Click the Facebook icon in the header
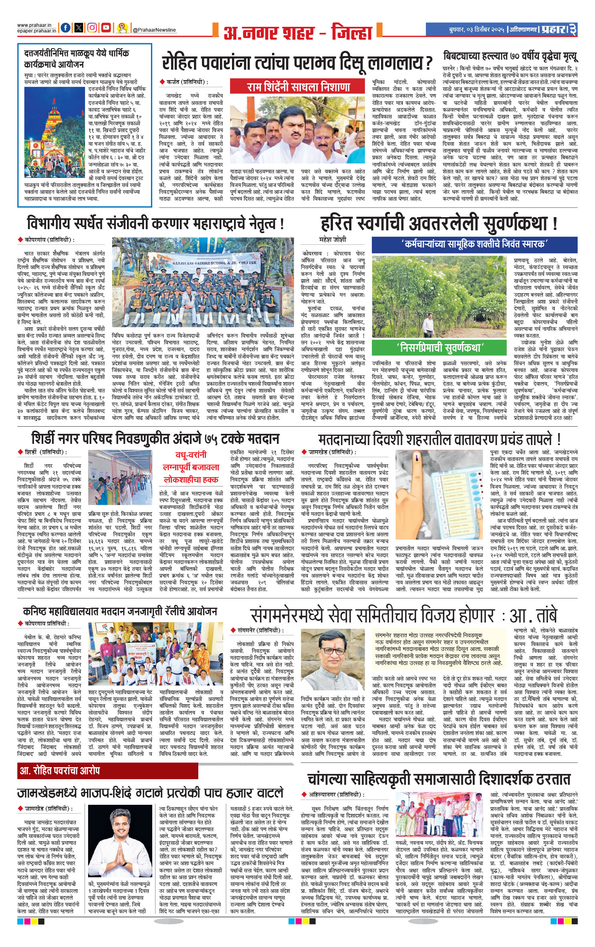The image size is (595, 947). [x=65, y=28]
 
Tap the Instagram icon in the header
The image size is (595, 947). [x=92, y=28]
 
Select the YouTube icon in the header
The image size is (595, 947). [x=106, y=28]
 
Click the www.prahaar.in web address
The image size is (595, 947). [x=36, y=25]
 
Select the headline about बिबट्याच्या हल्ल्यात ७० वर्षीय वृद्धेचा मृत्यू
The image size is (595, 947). [x=510, y=56]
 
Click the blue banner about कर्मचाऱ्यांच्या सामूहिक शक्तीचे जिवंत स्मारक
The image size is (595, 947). [x=474, y=244]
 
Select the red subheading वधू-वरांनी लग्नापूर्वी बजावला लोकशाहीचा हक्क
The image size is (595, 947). [x=191, y=467]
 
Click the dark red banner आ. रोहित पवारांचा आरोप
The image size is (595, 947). [x=108, y=770]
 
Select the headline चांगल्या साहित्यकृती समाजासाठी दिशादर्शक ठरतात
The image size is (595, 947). [x=439, y=779]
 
